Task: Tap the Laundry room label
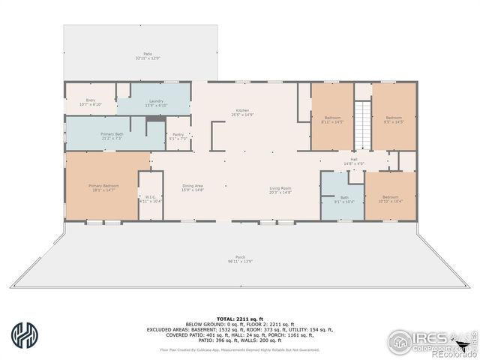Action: click(x=156, y=103)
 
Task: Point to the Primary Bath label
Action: click(x=112, y=136)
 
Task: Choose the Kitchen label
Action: click(x=242, y=112)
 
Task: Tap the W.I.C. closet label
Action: click(x=150, y=199)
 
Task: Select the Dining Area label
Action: click(x=193, y=189)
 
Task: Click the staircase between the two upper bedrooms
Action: click(x=363, y=124)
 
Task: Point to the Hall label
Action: click(x=353, y=161)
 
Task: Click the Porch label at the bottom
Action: click(x=240, y=258)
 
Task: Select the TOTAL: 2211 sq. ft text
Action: click(x=239, y=317)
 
